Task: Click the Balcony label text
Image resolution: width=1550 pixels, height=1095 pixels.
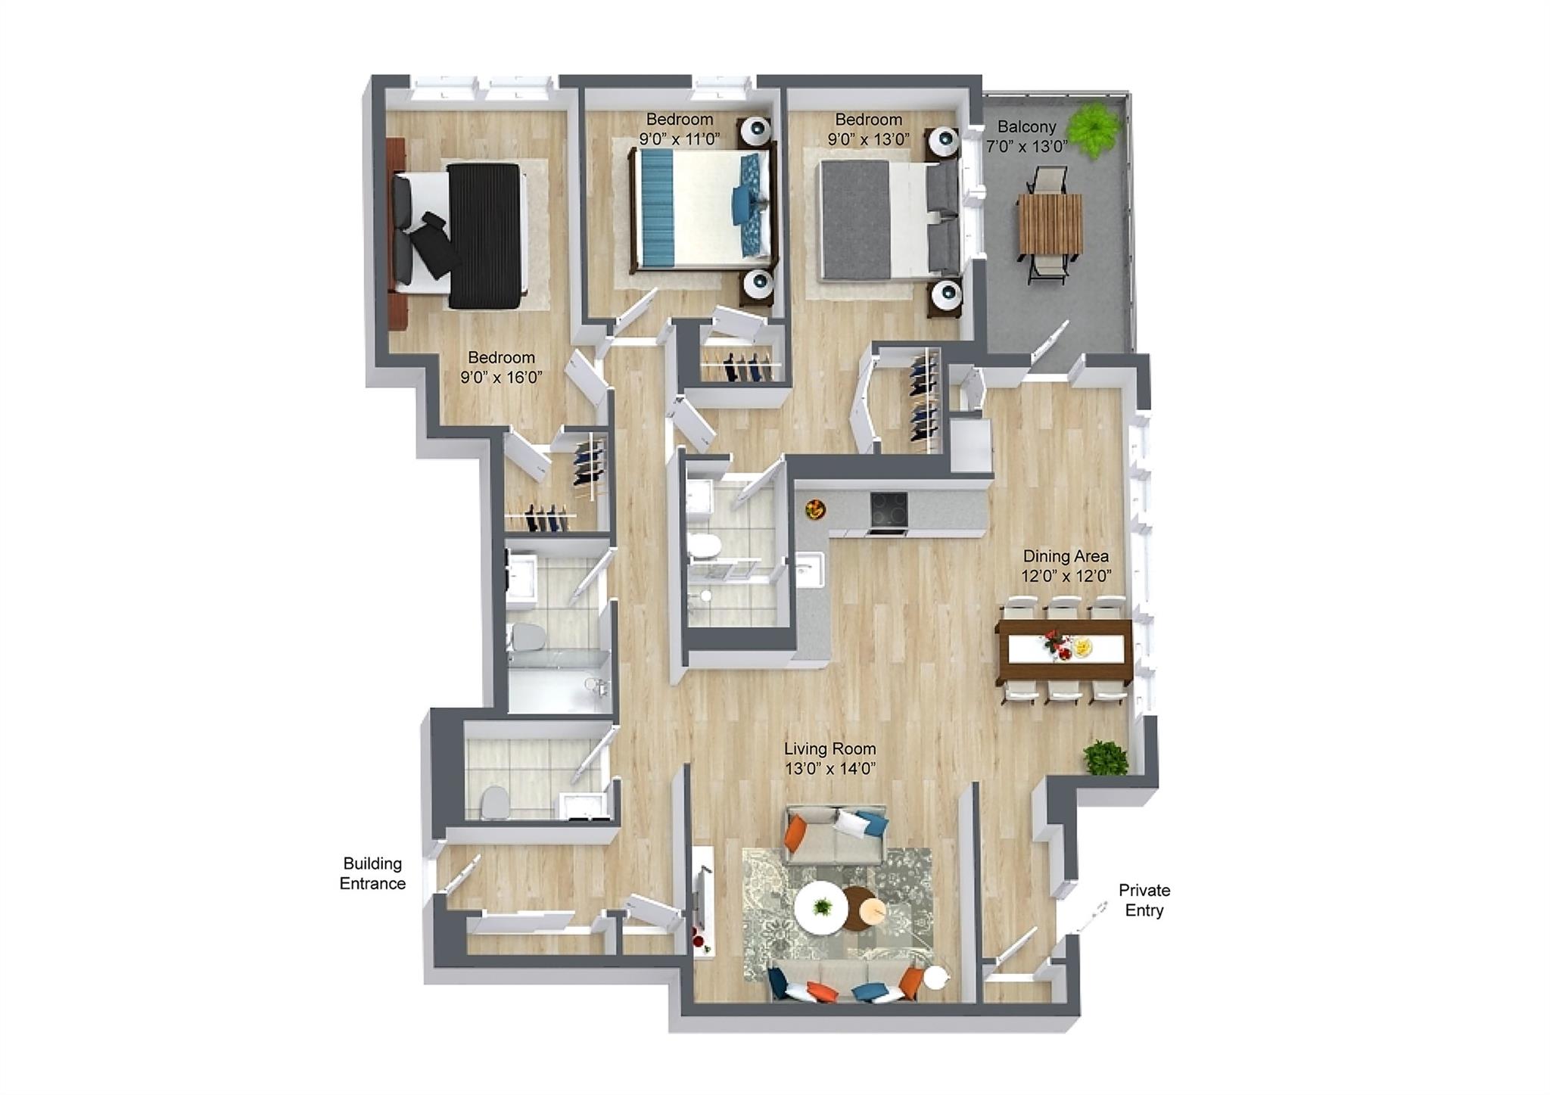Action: tap(1026, 126)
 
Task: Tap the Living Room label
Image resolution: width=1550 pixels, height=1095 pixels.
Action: tap(829, 748)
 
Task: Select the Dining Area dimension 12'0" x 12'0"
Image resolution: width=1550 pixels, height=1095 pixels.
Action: tap(1066, 576)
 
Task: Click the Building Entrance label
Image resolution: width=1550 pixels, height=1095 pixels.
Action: tap(372, 873)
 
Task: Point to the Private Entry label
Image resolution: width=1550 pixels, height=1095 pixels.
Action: tap(1144, 900)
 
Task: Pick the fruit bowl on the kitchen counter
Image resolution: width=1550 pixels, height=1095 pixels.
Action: tap(815, 509)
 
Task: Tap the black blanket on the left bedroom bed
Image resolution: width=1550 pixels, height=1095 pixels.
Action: tap(484, 235)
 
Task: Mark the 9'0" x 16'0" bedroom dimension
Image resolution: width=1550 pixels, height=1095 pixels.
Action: tap(501, 377)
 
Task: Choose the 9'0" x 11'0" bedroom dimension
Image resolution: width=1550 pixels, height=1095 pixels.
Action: tap(679, 139)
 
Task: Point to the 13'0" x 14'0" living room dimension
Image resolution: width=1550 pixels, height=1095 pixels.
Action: tap(829, 769)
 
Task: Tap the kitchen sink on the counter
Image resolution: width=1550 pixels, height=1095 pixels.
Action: tap(811, 569)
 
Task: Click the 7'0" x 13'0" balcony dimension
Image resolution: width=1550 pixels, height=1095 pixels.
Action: tap(1026, 147)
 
